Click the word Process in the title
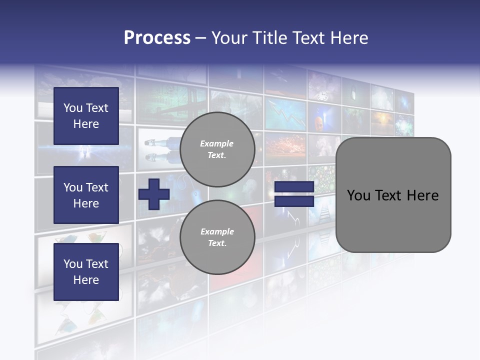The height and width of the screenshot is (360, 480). (x=157, y=38)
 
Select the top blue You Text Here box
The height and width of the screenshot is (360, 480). (x=86, y=116)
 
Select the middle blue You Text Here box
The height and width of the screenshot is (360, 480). (x=86, y=195)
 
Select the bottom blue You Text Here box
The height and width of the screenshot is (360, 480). (x=86, y=271)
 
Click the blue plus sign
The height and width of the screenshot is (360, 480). (x=154, y=194)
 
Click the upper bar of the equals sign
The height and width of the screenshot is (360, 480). (x=294, y=187)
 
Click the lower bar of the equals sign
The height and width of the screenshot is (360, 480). (x=294, y=201)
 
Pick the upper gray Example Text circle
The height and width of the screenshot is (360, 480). (x=217, y=149)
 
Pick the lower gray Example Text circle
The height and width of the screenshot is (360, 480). (x=217, y=237)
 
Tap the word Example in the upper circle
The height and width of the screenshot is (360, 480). (x=216, y=143)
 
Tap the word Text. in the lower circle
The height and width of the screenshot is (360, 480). (x=217, y=243)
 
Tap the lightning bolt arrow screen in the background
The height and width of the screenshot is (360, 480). (x=285, y=112)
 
